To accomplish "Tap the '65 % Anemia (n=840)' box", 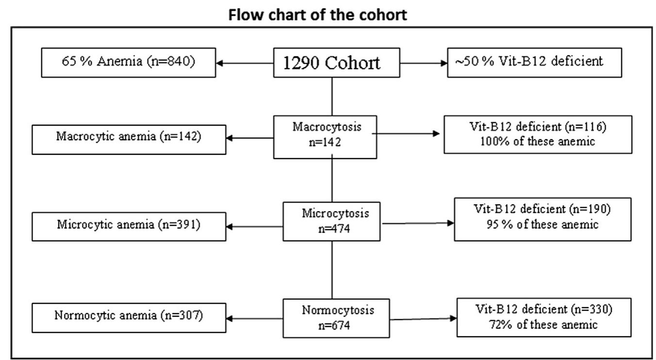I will [x=129, y=62].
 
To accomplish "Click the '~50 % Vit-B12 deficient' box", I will [x=534, y=62].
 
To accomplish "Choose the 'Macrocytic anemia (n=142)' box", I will [x=129, y=137].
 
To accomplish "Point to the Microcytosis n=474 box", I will [x=332, y=221].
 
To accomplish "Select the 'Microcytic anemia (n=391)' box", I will [x=129, y=225].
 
